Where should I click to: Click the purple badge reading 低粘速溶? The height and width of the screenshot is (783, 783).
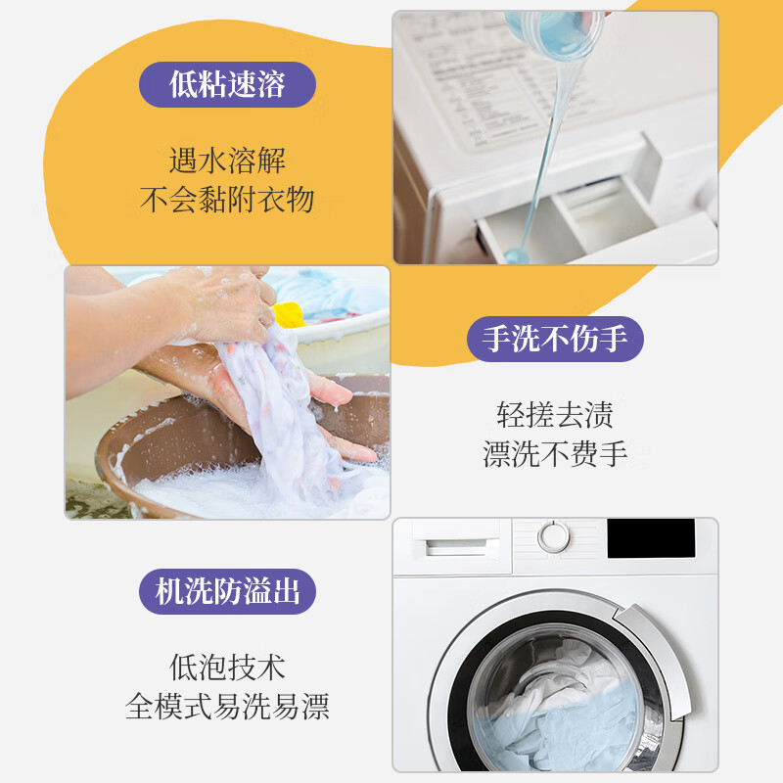click(227, 85)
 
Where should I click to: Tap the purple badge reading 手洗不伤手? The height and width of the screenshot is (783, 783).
click(555, 340)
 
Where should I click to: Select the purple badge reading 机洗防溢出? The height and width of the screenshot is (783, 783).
click(227, 592)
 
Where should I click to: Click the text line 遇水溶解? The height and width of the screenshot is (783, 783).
click(227, 160)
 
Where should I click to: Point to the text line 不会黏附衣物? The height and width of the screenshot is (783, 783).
click(227, 200)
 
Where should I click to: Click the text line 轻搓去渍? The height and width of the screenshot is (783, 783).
click(555, 415)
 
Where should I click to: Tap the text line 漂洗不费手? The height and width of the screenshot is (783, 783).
click(555, 454)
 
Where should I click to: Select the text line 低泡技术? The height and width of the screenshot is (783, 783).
click(227, 668)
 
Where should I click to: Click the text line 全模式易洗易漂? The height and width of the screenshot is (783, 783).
click(227, 707)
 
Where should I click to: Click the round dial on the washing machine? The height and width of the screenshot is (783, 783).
click(553, 536)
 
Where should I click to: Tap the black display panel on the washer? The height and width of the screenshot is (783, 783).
click(651, 538)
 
